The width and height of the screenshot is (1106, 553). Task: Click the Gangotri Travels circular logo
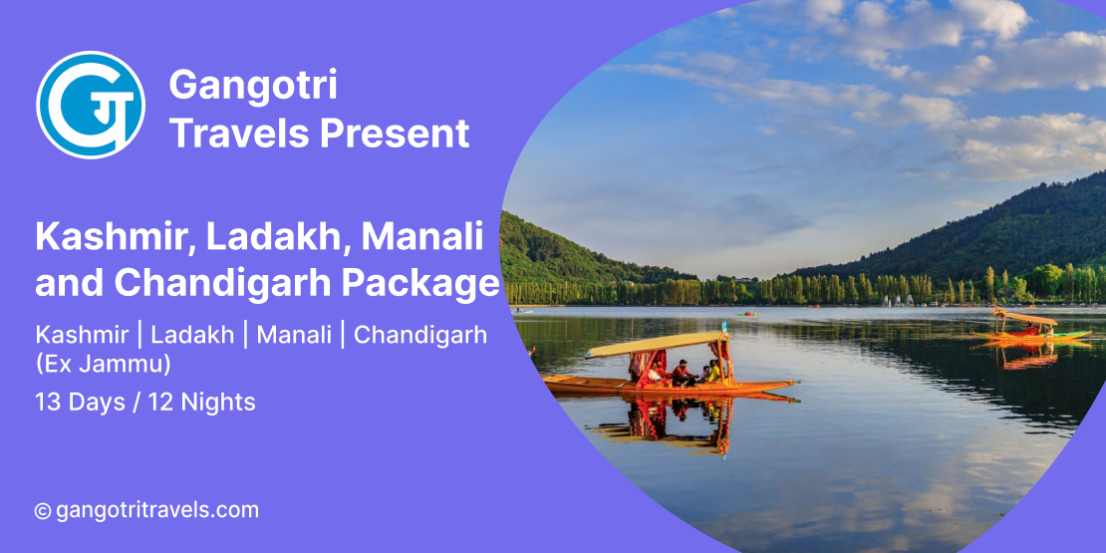(91, 105)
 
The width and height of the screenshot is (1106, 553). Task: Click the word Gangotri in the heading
(253, 85)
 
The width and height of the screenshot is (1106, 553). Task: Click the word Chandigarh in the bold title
(223, 283)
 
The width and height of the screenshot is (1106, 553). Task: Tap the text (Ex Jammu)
(103, 365)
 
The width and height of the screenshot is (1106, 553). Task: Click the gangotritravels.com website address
(157, 510)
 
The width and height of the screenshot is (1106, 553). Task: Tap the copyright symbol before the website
(43, 511)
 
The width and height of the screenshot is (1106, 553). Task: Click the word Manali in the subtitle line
(294, 335)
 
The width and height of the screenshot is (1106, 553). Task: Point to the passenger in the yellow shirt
(713, 371)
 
